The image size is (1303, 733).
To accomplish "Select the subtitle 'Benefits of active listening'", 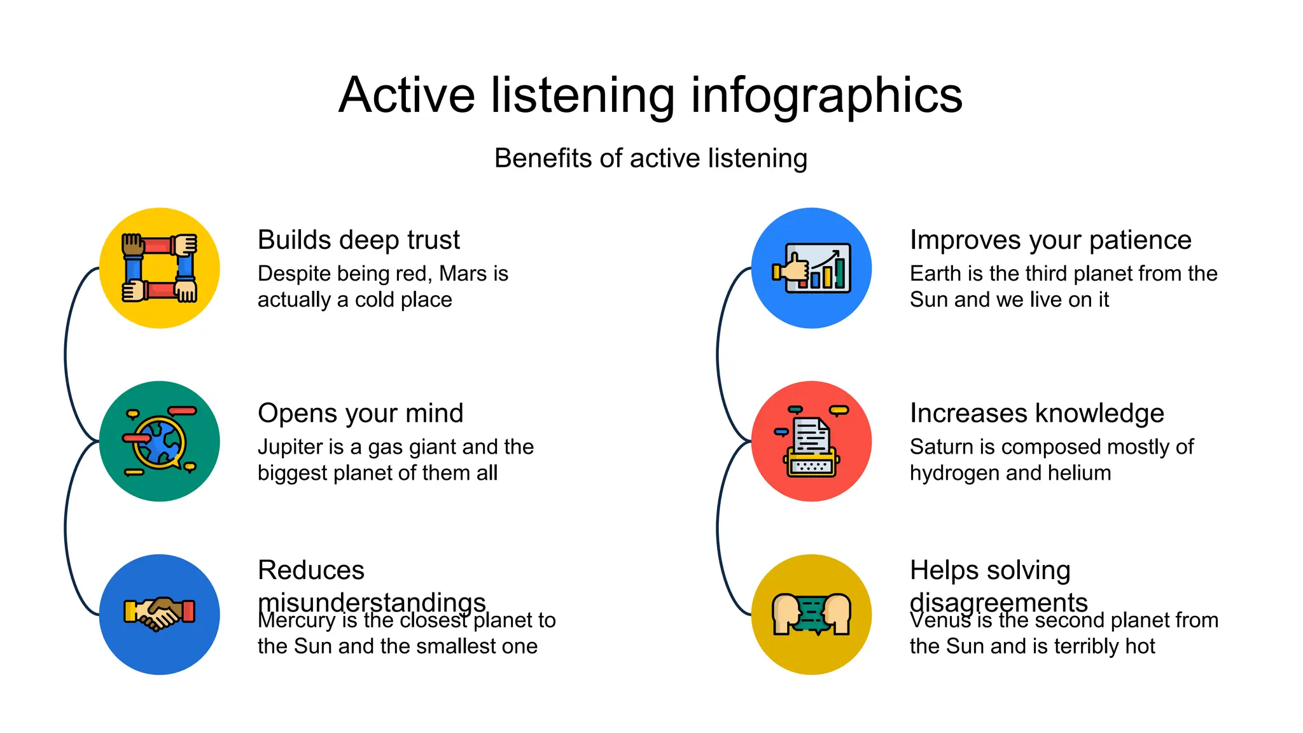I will [x=650, y=158].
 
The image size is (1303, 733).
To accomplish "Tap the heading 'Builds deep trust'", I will [x=358, y=240].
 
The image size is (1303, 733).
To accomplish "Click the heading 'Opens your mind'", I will [x=360, y=413].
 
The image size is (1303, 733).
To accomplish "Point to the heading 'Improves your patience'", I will [x=1050, y=240].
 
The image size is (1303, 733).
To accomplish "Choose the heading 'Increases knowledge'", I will [x=1036, y=413].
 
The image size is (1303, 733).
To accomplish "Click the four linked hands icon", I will [x=160, y=268].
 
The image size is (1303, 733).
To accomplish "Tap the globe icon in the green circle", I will [x=160, y=442].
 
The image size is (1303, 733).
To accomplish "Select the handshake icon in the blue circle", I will [x=160, y=614].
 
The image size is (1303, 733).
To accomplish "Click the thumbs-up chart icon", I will [x=812, y=268].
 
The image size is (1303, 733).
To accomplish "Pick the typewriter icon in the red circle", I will [x=811, y=442].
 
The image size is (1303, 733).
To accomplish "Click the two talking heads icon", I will [x=811, y=614].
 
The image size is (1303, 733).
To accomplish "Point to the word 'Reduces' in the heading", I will [x=311, y=570].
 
